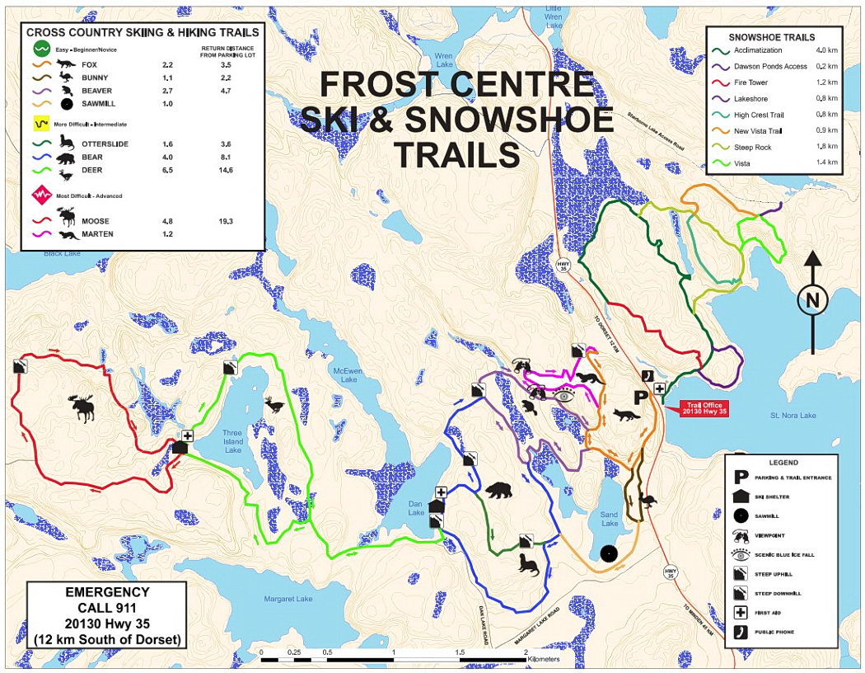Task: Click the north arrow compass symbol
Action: (812, 300)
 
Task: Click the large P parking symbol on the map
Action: (639, 397)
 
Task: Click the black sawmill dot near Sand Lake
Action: (609, 554)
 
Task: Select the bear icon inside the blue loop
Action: (498, 492)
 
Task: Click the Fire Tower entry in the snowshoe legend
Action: (752, 82)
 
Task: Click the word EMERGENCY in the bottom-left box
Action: (107, 592)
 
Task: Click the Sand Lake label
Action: (610, 520)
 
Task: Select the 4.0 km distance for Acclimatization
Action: (825, 51)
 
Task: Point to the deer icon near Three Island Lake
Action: (274, 405)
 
